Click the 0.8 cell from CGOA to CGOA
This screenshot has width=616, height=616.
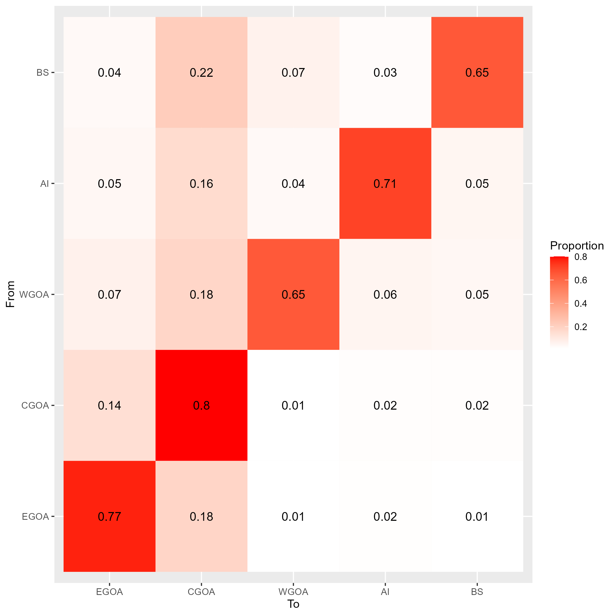(201, 405)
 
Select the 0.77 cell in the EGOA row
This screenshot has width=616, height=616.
(109, 516)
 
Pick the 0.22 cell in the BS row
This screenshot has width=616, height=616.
(201, 73)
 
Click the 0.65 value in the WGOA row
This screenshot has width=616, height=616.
(293, 294)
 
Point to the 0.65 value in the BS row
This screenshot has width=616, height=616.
(477, 73)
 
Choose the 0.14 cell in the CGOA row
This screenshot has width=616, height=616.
(109, 405)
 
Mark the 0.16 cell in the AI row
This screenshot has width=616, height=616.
(201, 184)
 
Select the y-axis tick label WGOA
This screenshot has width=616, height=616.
(34, 294)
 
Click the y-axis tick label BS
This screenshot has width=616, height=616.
(43, 73)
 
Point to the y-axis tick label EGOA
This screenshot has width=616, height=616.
(35, 516)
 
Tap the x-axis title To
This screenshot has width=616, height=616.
(293, 604)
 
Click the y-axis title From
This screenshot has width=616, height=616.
(10, 294)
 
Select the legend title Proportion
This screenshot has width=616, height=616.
(577, 246)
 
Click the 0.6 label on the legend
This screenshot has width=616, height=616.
(580, 280)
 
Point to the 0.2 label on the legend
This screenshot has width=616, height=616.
(580, 327)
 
